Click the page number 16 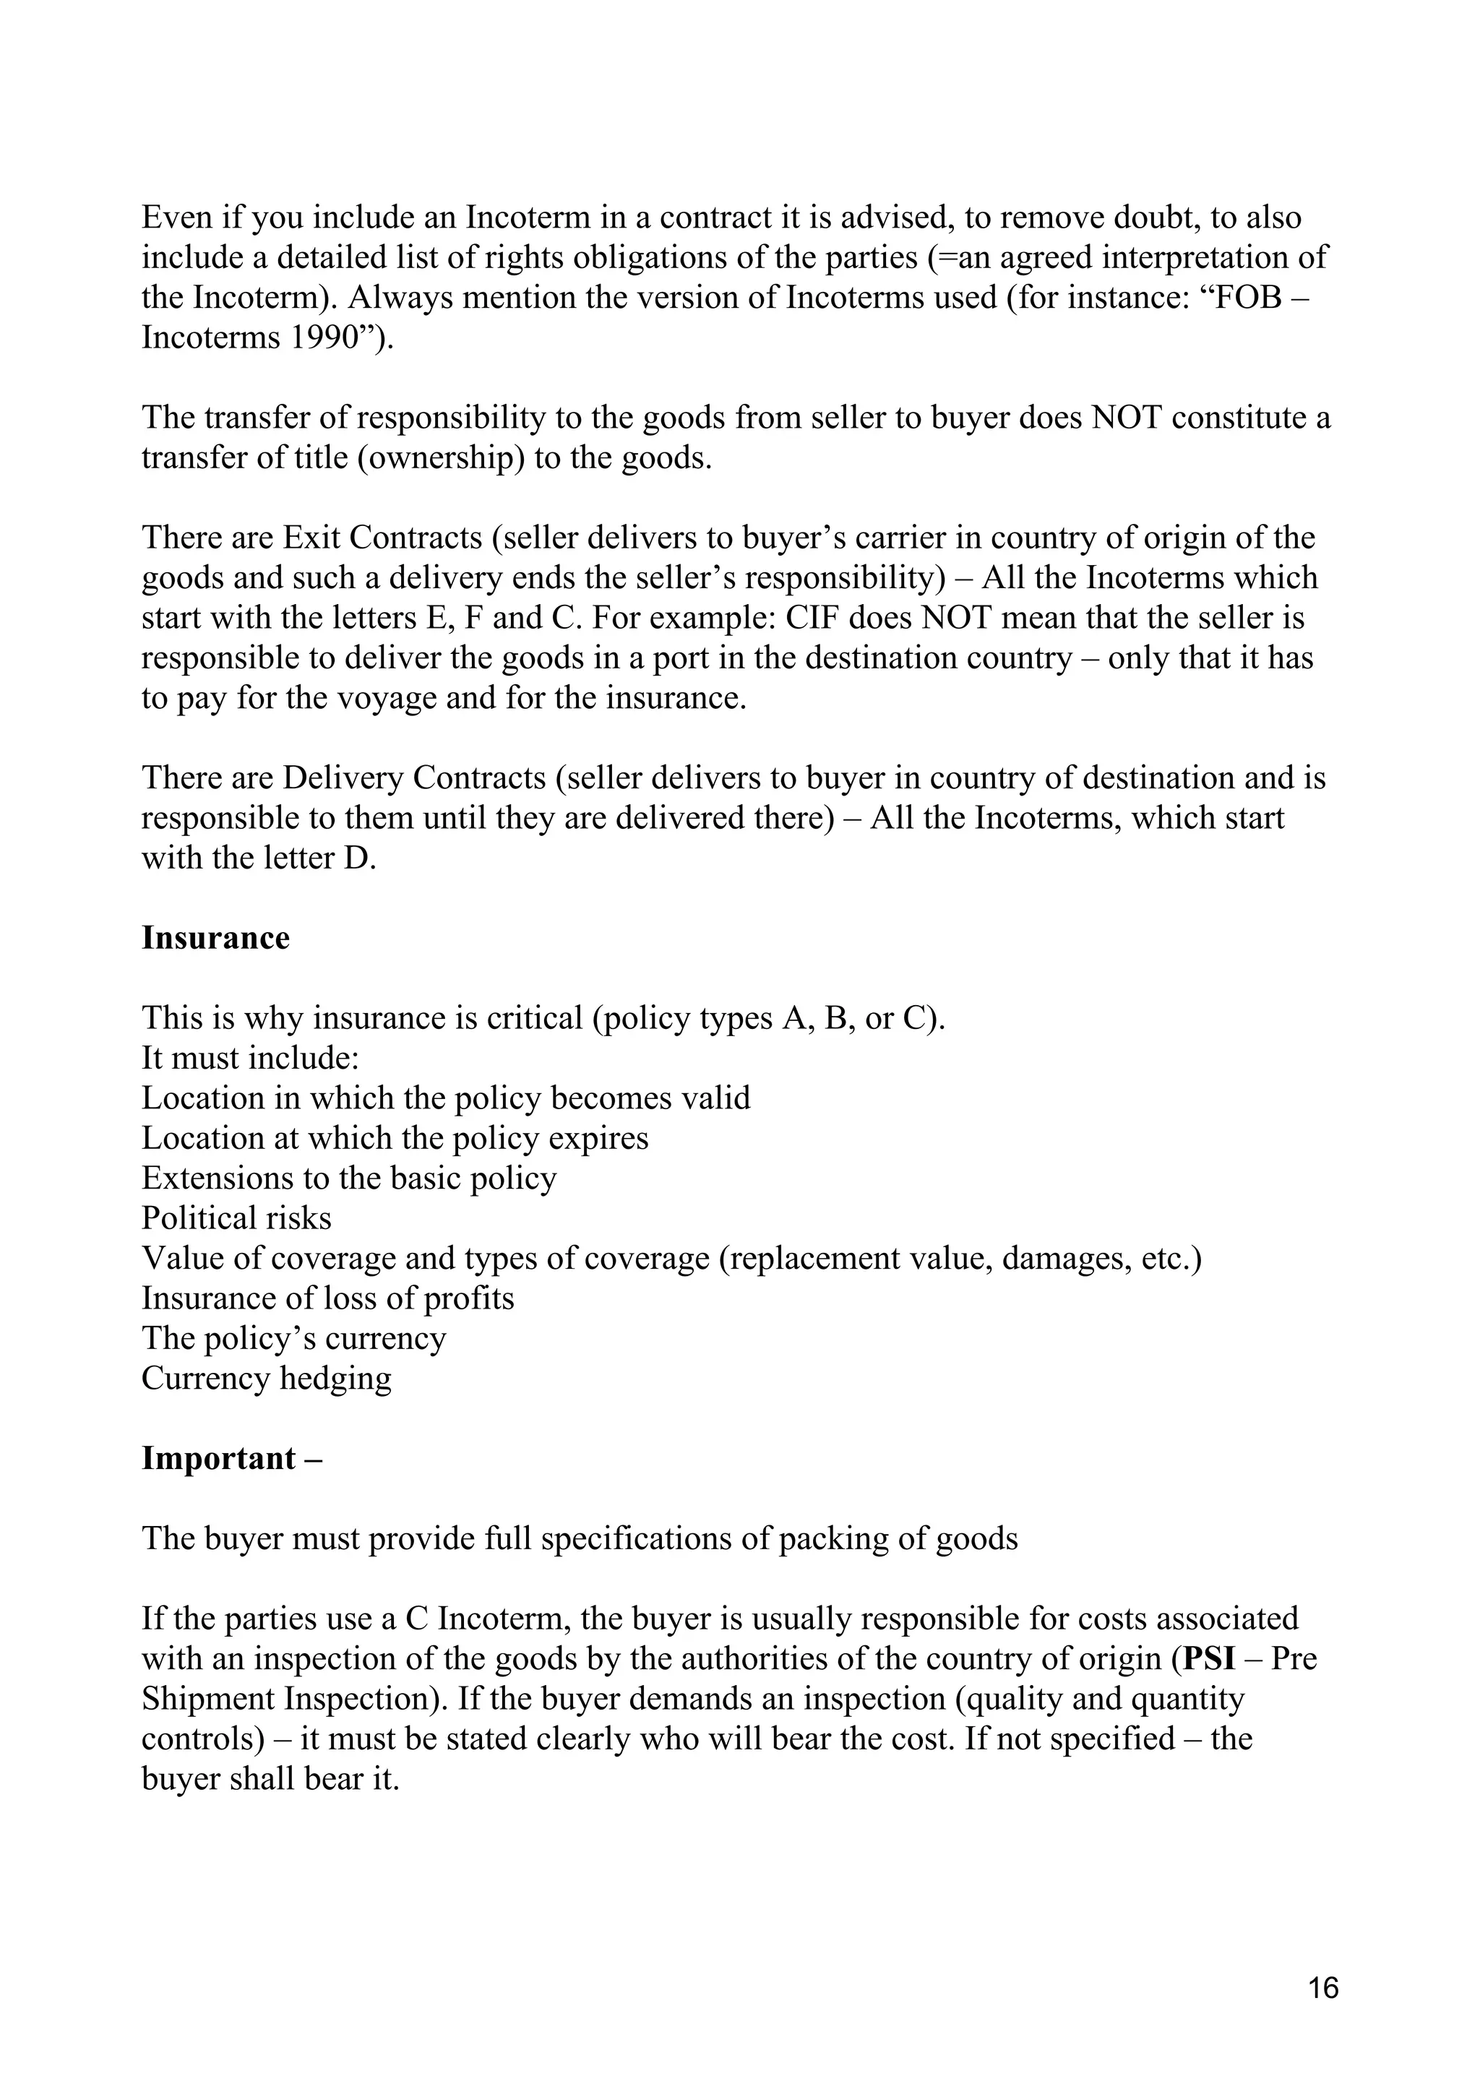click(x=1323, y=1987)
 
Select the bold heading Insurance click(x=215, y=938)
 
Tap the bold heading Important click(x=219, y=1457)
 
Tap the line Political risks click(x=236, y=1218)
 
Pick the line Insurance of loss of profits click(x=327, y=1298)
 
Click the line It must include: click(x=251, y=1058)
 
